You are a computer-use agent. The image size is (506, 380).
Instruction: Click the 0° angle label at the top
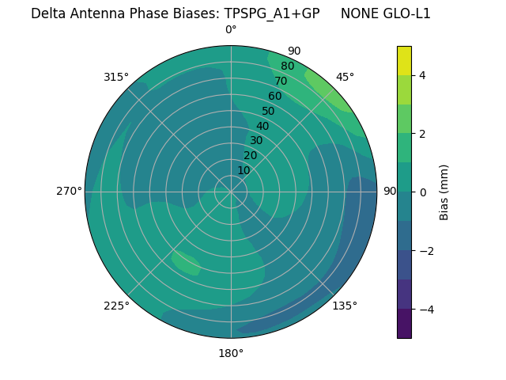[x=231, y=30]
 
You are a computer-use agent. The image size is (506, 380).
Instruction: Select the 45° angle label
[x=345, y=77]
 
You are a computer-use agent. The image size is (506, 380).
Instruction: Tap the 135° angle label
[x=345, y=306]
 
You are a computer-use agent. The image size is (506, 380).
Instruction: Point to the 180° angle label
[x=231, y=353]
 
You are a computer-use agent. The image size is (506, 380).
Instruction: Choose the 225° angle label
[x=116, y=306]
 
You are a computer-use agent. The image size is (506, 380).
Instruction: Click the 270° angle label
[x=69, y=191]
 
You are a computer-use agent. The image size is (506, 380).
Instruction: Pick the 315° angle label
[x=116, y=77]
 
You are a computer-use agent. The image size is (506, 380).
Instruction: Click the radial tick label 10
[x=244, y=170]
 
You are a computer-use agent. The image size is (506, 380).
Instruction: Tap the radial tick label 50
[x=268, y=111]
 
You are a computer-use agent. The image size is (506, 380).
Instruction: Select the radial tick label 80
[x=287, y=66]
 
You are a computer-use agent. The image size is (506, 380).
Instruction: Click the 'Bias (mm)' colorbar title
[x=444, y=192]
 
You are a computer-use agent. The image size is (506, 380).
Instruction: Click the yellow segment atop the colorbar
[x=404, y=60]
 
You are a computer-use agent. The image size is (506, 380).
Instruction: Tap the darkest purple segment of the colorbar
[x=404, y=323]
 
